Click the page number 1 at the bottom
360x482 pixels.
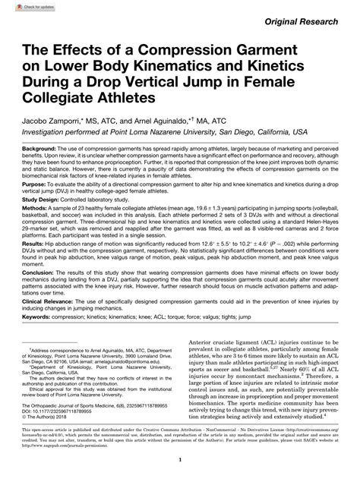click(180, 462)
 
